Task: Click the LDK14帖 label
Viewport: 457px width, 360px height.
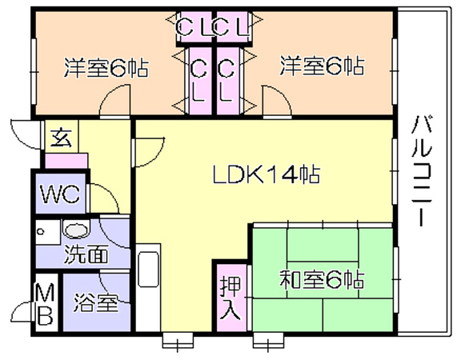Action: [267, 174]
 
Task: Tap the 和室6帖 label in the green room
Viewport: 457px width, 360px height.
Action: [322, 280]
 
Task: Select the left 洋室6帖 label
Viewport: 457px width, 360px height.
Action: [106, 67]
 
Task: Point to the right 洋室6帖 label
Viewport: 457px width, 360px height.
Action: [322, 66]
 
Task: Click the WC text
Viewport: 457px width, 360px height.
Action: [60, 194]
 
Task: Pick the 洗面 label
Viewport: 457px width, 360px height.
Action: [86, 254]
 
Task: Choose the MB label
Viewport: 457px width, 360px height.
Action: [46, 304]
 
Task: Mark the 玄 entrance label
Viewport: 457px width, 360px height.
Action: [61, 138]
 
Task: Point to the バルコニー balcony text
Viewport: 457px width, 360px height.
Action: [422, 171]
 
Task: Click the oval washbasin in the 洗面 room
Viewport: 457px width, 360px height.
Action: [76, 230]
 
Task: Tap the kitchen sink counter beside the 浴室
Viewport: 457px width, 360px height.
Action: [148, 287]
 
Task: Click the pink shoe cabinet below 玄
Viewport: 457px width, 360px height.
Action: [66, 161]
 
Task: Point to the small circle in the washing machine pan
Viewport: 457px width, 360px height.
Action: [41, 232]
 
